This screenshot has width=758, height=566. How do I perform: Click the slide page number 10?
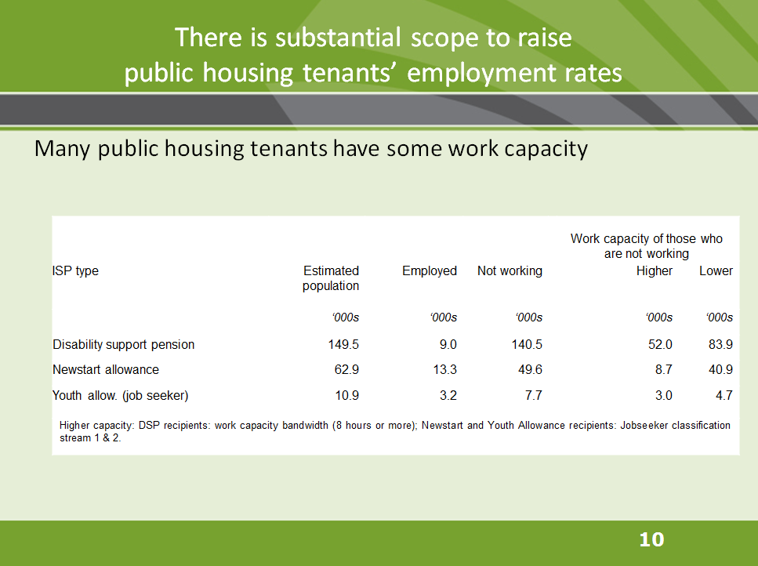[651, 539]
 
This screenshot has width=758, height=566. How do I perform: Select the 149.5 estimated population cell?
[343, 344]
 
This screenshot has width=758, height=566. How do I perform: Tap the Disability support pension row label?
[124, 344]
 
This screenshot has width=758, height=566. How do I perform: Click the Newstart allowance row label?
[106, 369]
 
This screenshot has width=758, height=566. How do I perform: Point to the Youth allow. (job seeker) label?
[121, 395]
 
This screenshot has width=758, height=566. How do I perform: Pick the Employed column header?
[430, 270]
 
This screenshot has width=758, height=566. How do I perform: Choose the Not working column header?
[510, 270]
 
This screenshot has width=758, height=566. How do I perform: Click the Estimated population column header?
[331, 278]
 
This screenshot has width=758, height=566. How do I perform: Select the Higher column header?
[655, 270]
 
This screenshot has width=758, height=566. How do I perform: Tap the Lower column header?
[716, 270]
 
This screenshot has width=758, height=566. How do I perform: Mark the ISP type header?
[76, 270]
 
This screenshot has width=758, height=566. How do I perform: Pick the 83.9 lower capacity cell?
[719, 344]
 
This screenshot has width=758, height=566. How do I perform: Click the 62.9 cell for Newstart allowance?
[346, 369]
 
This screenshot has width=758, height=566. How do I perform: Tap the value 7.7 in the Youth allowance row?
[533, 395]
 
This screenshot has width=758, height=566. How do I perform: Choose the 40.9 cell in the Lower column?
[719, 369]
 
